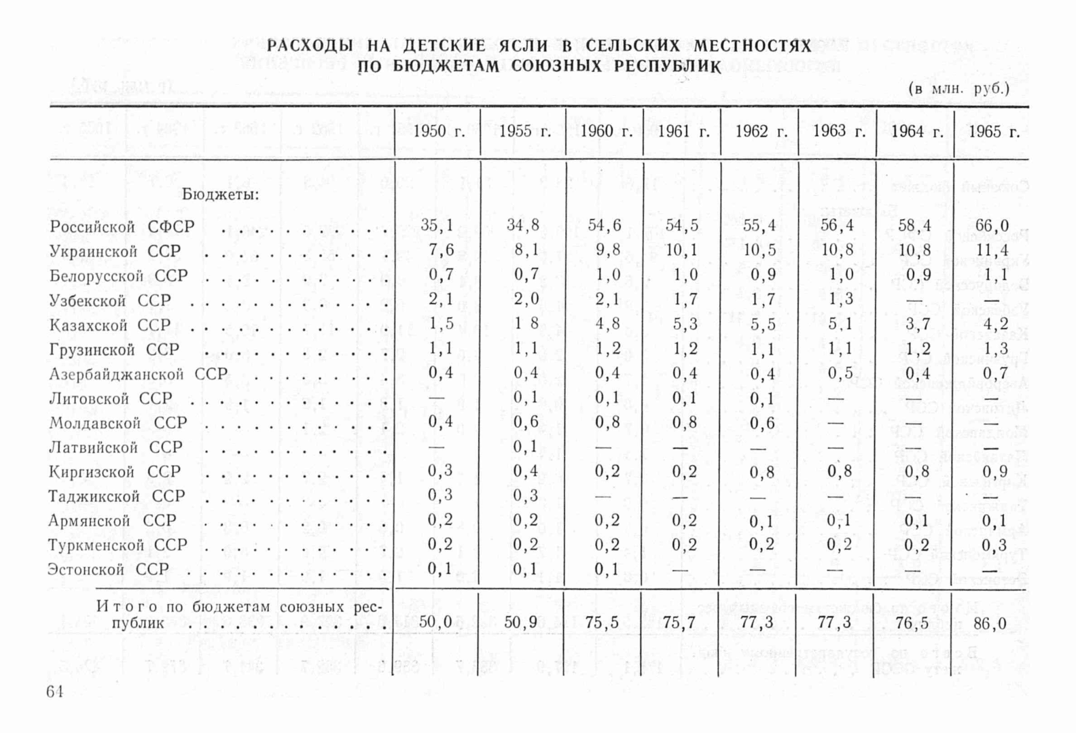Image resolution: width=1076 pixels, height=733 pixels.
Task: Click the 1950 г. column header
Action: click(439, 132)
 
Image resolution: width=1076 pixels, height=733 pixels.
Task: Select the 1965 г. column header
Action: click(994, 132)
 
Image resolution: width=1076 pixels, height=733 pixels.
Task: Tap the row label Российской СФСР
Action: click(122, 227)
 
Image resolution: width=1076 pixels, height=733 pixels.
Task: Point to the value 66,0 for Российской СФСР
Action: click(992, 226)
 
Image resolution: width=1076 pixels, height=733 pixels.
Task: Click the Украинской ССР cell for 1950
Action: click(441, 250)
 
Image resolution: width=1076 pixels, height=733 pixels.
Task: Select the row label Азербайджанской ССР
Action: click(138, 375)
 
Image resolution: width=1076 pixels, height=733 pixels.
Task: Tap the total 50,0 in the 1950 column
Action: click(435, 621)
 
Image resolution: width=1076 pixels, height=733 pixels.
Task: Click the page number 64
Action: click(55, 692)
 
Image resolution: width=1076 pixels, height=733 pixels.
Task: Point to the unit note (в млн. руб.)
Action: click(958, 88)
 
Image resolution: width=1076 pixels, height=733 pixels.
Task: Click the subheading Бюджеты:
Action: click(221, 194)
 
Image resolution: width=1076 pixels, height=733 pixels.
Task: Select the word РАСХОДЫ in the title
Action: click(310, 46)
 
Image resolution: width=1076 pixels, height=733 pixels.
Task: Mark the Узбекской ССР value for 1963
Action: click(840, 299)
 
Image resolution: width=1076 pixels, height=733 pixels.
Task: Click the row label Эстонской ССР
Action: click(109, 570)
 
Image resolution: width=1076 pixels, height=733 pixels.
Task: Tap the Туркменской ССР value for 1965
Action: click(994, 545)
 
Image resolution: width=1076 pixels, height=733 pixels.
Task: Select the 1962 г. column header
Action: click(761, 132)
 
